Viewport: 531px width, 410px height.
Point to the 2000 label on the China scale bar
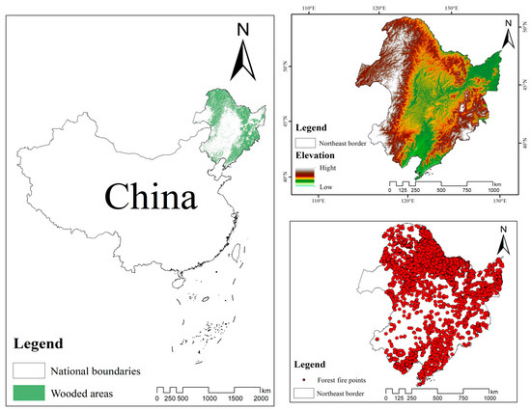(x=262, y=398)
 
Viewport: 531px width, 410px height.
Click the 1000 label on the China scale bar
(x=209, y=398)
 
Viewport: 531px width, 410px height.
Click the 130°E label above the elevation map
(x=450, y=9)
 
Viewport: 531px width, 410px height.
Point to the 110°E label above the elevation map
(x=309, y=9)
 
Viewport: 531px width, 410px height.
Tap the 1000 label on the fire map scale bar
(x=491, y=397)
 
